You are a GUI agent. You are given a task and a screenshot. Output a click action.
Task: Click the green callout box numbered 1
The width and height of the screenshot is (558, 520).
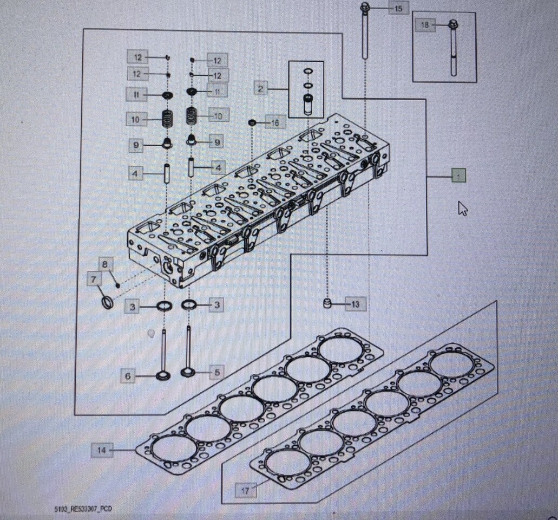458,175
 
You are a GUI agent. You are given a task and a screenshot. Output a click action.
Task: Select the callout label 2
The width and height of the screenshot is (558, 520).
260,88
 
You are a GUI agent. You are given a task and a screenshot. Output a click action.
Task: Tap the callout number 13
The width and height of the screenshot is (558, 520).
355,304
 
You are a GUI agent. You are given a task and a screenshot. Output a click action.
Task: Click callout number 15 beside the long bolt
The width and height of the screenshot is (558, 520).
398,9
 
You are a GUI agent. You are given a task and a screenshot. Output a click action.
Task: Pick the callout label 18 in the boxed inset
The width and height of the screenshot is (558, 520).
425,25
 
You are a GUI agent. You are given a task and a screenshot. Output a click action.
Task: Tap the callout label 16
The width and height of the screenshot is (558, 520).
275,123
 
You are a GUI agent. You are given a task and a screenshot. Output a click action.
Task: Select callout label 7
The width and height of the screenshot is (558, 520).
94,279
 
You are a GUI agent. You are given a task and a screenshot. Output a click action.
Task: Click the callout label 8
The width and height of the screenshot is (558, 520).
106,264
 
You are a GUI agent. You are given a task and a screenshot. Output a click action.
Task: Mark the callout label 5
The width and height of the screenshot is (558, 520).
217,372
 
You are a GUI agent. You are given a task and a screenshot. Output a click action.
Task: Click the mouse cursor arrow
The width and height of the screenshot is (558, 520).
462,208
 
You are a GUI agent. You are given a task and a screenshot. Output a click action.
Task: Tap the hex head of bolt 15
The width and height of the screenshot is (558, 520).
365,8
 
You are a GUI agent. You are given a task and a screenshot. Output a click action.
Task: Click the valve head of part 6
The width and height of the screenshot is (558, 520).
162,375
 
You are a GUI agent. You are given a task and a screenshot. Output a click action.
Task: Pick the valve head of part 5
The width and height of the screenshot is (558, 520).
188,372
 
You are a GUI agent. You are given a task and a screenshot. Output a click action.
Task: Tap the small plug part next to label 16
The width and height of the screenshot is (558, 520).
252,123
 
